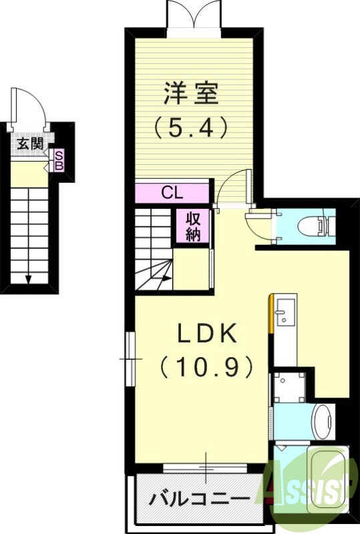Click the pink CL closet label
172,194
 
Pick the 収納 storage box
194,226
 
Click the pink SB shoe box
59,160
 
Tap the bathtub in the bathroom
328,481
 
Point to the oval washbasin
323,422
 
